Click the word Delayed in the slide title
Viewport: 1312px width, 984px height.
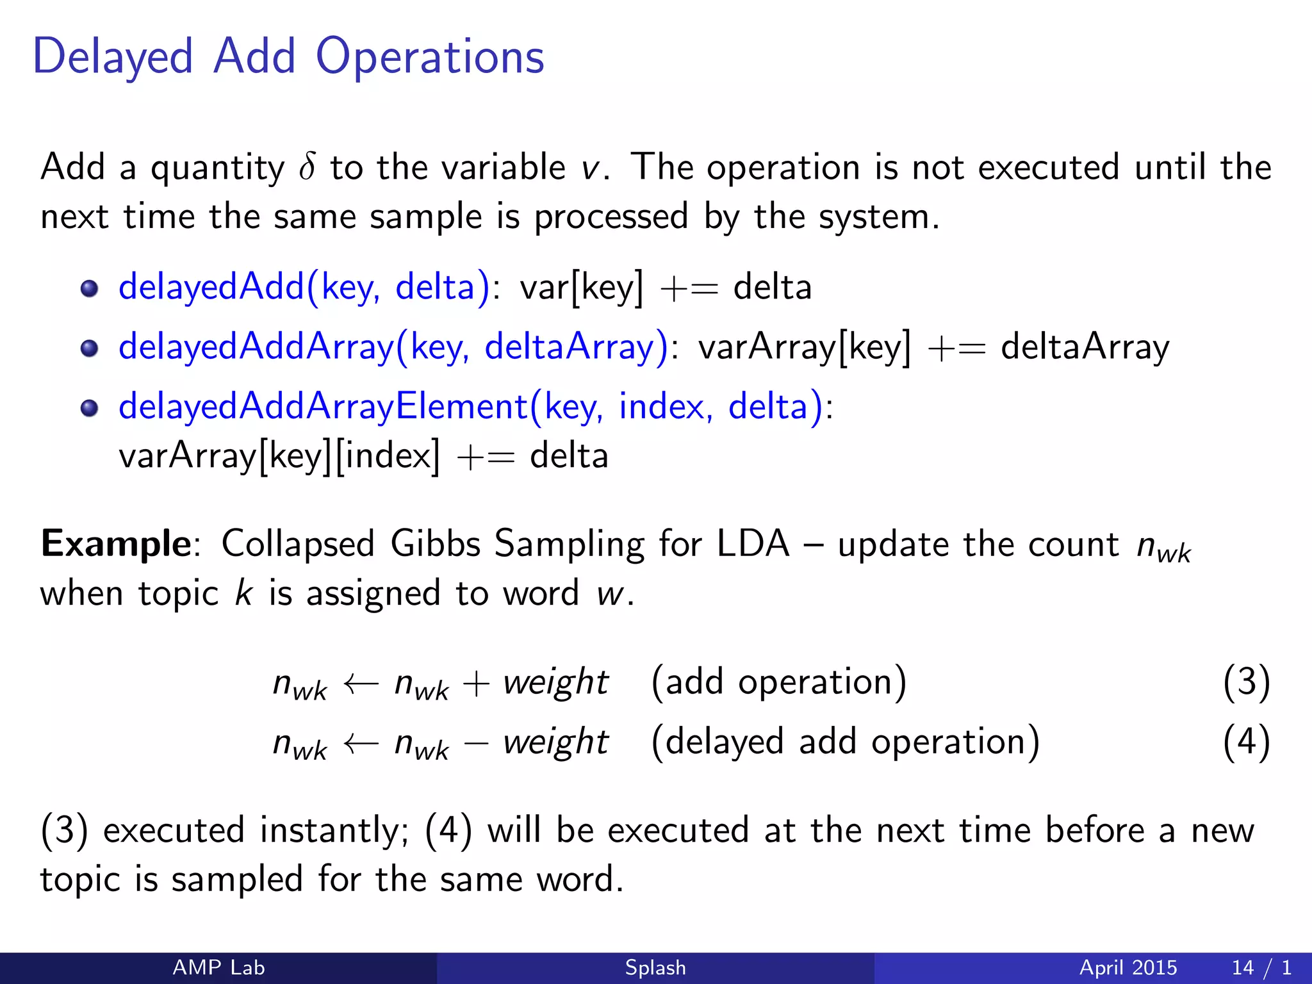(x=113, y=58)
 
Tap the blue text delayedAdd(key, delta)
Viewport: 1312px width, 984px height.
(x=304, y=287)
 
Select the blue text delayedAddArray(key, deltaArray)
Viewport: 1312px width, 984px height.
(x=393, y=347)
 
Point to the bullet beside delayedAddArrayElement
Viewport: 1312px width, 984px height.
(x=90, y=408)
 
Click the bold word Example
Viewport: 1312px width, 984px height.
(x=116, y=544)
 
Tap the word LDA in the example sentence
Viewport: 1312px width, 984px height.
(x=753, y=544)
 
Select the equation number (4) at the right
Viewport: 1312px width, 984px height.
(x=1246, y=742)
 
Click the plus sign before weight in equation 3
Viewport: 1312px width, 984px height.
(x=475, y=684)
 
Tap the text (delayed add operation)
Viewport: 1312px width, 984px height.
(x=845, y=742)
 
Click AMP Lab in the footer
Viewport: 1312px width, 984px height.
(x=218, y=967)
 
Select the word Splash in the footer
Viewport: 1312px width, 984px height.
(x=655, y=967)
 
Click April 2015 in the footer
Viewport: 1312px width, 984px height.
(x=1128, y=967)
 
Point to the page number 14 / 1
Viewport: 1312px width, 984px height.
(x=1261, y=967)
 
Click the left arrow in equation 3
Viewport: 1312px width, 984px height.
(x=361, y=684)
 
